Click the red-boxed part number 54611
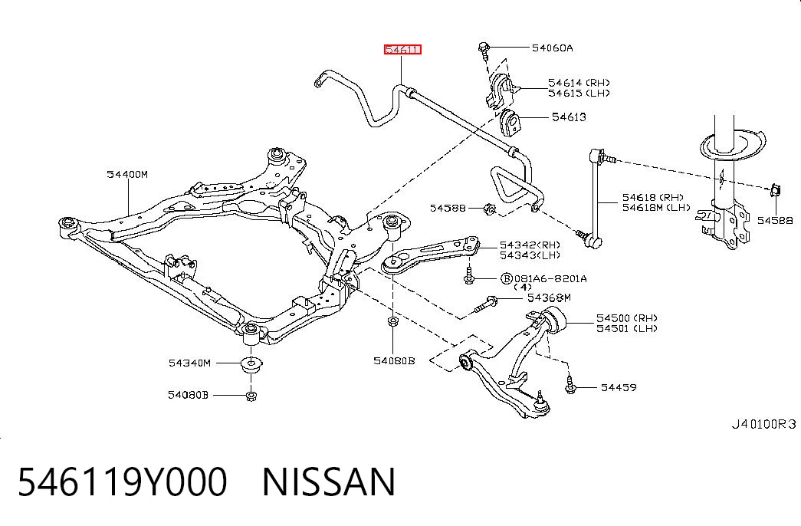coord(402,50)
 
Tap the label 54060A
coord(552,48)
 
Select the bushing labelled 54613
coord(509,123)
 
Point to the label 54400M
coord(127,174)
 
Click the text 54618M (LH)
coord(656,208)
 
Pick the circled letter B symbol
coord(506,278)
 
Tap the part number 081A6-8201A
coord(550,278)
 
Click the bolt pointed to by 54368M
coord(484,304)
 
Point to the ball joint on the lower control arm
coord(541,404)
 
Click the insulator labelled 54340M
coord(251,364)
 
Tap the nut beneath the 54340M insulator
coord(251,396)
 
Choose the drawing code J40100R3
coord(763,424)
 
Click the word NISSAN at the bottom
coord(329,482)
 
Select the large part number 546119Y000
coord(123,482)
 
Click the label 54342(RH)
coord(530,245)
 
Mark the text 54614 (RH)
coord(579,82)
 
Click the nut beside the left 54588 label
coord(489,209)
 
